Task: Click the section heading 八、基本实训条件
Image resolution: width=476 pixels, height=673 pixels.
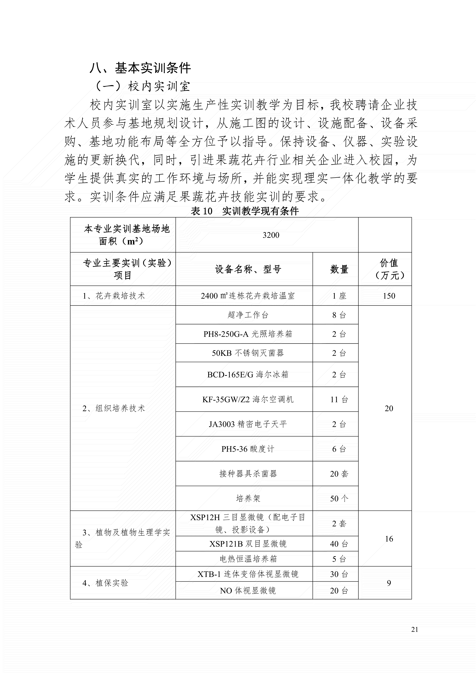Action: [x=140, y=68]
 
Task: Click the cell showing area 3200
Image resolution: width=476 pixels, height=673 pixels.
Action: [x=271, y=235]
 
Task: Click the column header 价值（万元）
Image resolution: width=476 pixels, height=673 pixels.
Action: [x=389, y=269]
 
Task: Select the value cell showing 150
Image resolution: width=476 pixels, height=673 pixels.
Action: [x=389, y=296]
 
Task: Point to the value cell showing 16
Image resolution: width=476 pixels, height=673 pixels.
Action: [x=389, y=539]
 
